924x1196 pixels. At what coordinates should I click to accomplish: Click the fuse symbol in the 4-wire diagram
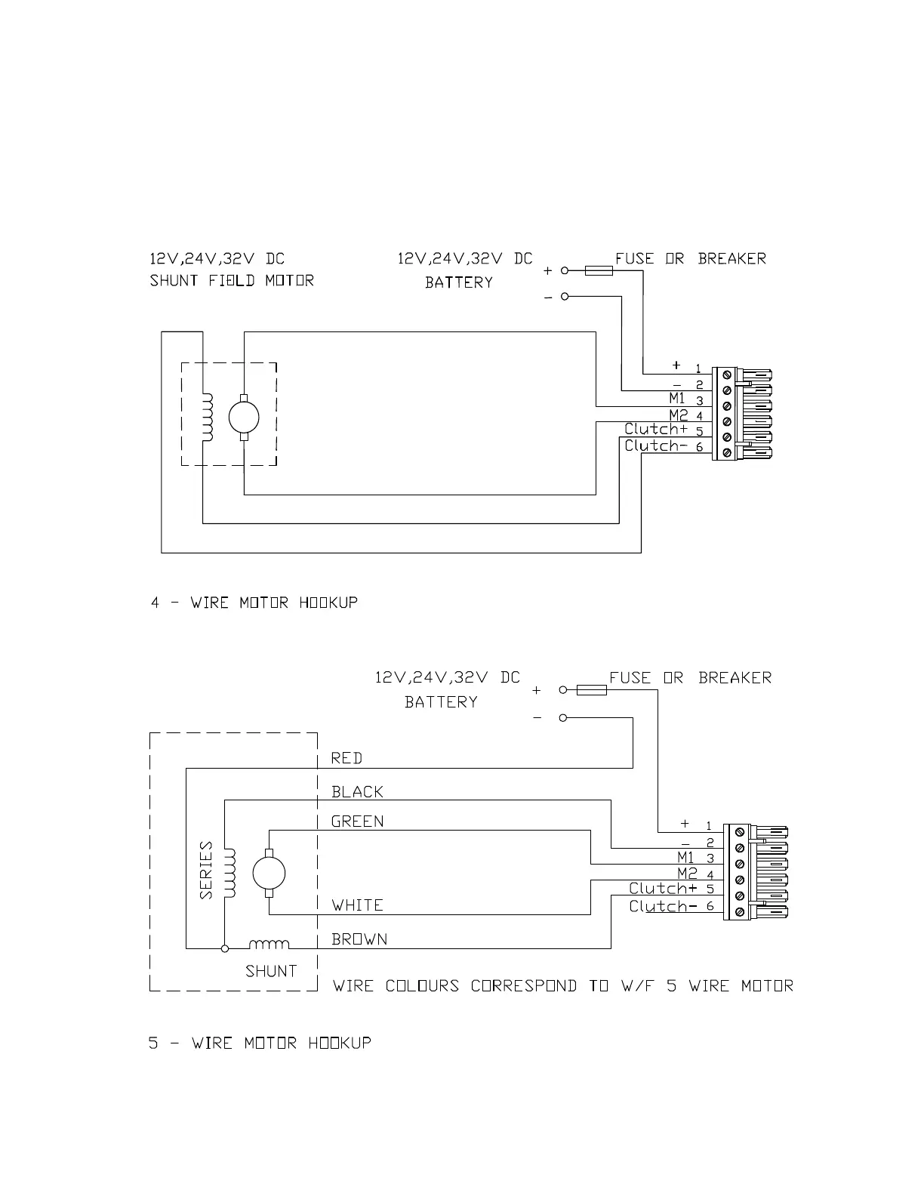coord(599,270)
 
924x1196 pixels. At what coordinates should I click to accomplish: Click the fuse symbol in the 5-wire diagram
coord(592,689)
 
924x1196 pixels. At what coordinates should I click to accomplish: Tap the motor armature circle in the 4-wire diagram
coord(244,416)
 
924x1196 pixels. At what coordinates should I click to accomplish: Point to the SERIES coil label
coord(206,870)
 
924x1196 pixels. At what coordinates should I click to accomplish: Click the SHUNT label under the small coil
coord(271,971)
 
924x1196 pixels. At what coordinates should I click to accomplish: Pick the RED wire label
coord(346,758)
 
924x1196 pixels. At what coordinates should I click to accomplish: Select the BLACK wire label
coord(357,792)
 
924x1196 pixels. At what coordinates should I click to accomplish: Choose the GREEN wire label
coord(357,821)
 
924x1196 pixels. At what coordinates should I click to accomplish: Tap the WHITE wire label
coord(357,905)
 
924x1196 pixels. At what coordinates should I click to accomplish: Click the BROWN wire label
coord(359,939)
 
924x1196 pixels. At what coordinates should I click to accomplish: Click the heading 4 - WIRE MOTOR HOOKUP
coord(254,603)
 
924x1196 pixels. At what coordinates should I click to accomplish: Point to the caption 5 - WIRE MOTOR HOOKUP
coord(260,1043)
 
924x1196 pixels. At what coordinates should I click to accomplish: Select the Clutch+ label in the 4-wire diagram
coord(656,429)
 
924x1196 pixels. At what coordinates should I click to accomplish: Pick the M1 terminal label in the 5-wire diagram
coord(685,857)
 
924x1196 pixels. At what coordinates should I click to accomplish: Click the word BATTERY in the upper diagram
coord(458,282)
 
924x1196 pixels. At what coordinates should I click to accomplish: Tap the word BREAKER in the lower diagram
coord(735,677)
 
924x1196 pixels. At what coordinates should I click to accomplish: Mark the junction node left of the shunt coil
coord(224,948)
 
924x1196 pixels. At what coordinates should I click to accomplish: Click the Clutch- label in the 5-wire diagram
coord(658,906)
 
